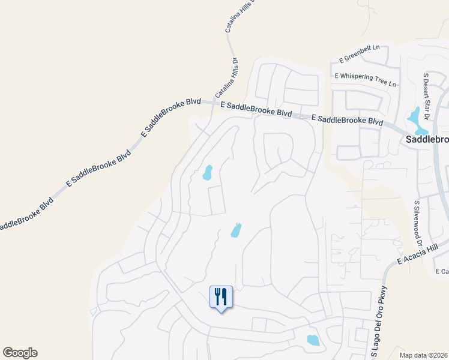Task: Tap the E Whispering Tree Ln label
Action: (366, 80)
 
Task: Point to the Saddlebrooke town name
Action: (424, 139)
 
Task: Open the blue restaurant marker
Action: (221, 297)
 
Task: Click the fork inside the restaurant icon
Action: (217, 295)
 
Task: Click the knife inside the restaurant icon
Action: (224, 295)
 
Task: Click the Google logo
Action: (20, 353)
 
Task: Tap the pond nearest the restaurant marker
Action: (236, 230)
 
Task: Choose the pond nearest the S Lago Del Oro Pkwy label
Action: (313, 341)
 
